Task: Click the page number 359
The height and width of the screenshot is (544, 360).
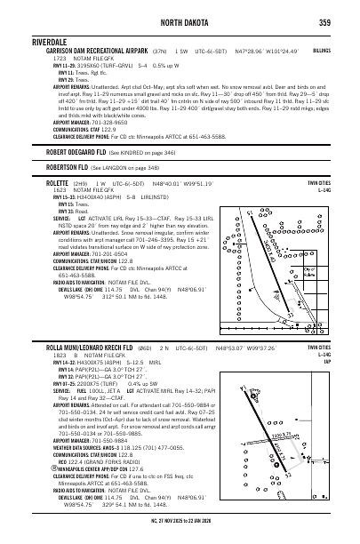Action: coord(325,22)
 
